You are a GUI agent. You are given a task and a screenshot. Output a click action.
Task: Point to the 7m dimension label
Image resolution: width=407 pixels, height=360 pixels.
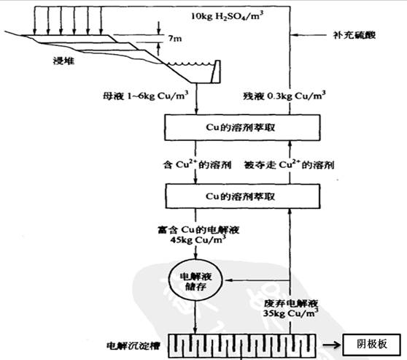point(175,38)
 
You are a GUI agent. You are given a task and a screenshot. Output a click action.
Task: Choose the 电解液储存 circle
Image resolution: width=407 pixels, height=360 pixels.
point(193,280)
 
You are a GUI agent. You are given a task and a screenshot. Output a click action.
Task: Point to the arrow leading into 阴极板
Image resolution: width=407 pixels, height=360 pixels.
point(330,343)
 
